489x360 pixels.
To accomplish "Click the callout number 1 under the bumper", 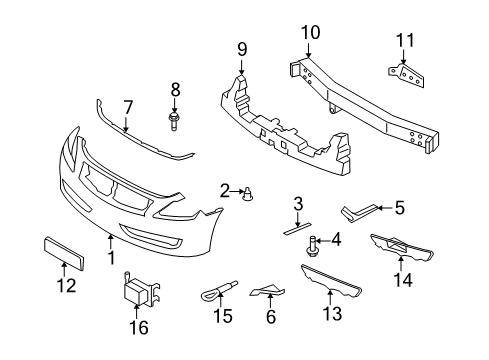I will coord(111,257).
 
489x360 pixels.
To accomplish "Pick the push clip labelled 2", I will coord(246,192).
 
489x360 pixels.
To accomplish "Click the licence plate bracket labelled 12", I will coord(62,249).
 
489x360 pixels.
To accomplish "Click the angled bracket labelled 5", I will coord(357,211).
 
